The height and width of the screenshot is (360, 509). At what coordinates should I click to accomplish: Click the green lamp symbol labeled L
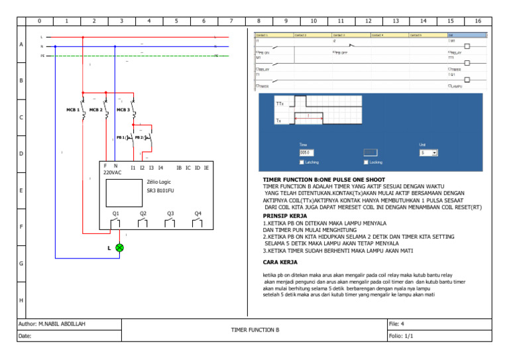click(120, 247)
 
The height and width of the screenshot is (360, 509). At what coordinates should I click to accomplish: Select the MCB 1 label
click(73, 110)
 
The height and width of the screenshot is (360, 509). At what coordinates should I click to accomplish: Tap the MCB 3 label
click(123, 110)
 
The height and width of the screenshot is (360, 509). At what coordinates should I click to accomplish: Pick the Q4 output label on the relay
click(198, 213)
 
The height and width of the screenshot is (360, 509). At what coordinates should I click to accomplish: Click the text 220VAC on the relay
click(113, 172)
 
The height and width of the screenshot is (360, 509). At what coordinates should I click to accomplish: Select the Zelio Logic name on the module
click(159, 182)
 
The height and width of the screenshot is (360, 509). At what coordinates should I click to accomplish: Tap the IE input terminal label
click(207, 168)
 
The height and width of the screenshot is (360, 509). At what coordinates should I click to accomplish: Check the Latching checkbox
click(302, 162)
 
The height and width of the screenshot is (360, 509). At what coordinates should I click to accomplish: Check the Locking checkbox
click(366, 162)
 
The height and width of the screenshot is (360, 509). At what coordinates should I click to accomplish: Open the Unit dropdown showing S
click(428, 152)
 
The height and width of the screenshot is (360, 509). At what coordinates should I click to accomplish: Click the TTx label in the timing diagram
click(280, 104)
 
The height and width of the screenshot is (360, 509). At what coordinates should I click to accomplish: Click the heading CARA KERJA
click(280, 262)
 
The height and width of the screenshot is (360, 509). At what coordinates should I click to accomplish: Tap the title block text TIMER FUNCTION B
click(255, 329)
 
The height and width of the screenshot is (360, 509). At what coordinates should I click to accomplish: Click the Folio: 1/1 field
click(401, 336)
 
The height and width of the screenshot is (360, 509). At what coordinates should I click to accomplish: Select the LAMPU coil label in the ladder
click(457, 86)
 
